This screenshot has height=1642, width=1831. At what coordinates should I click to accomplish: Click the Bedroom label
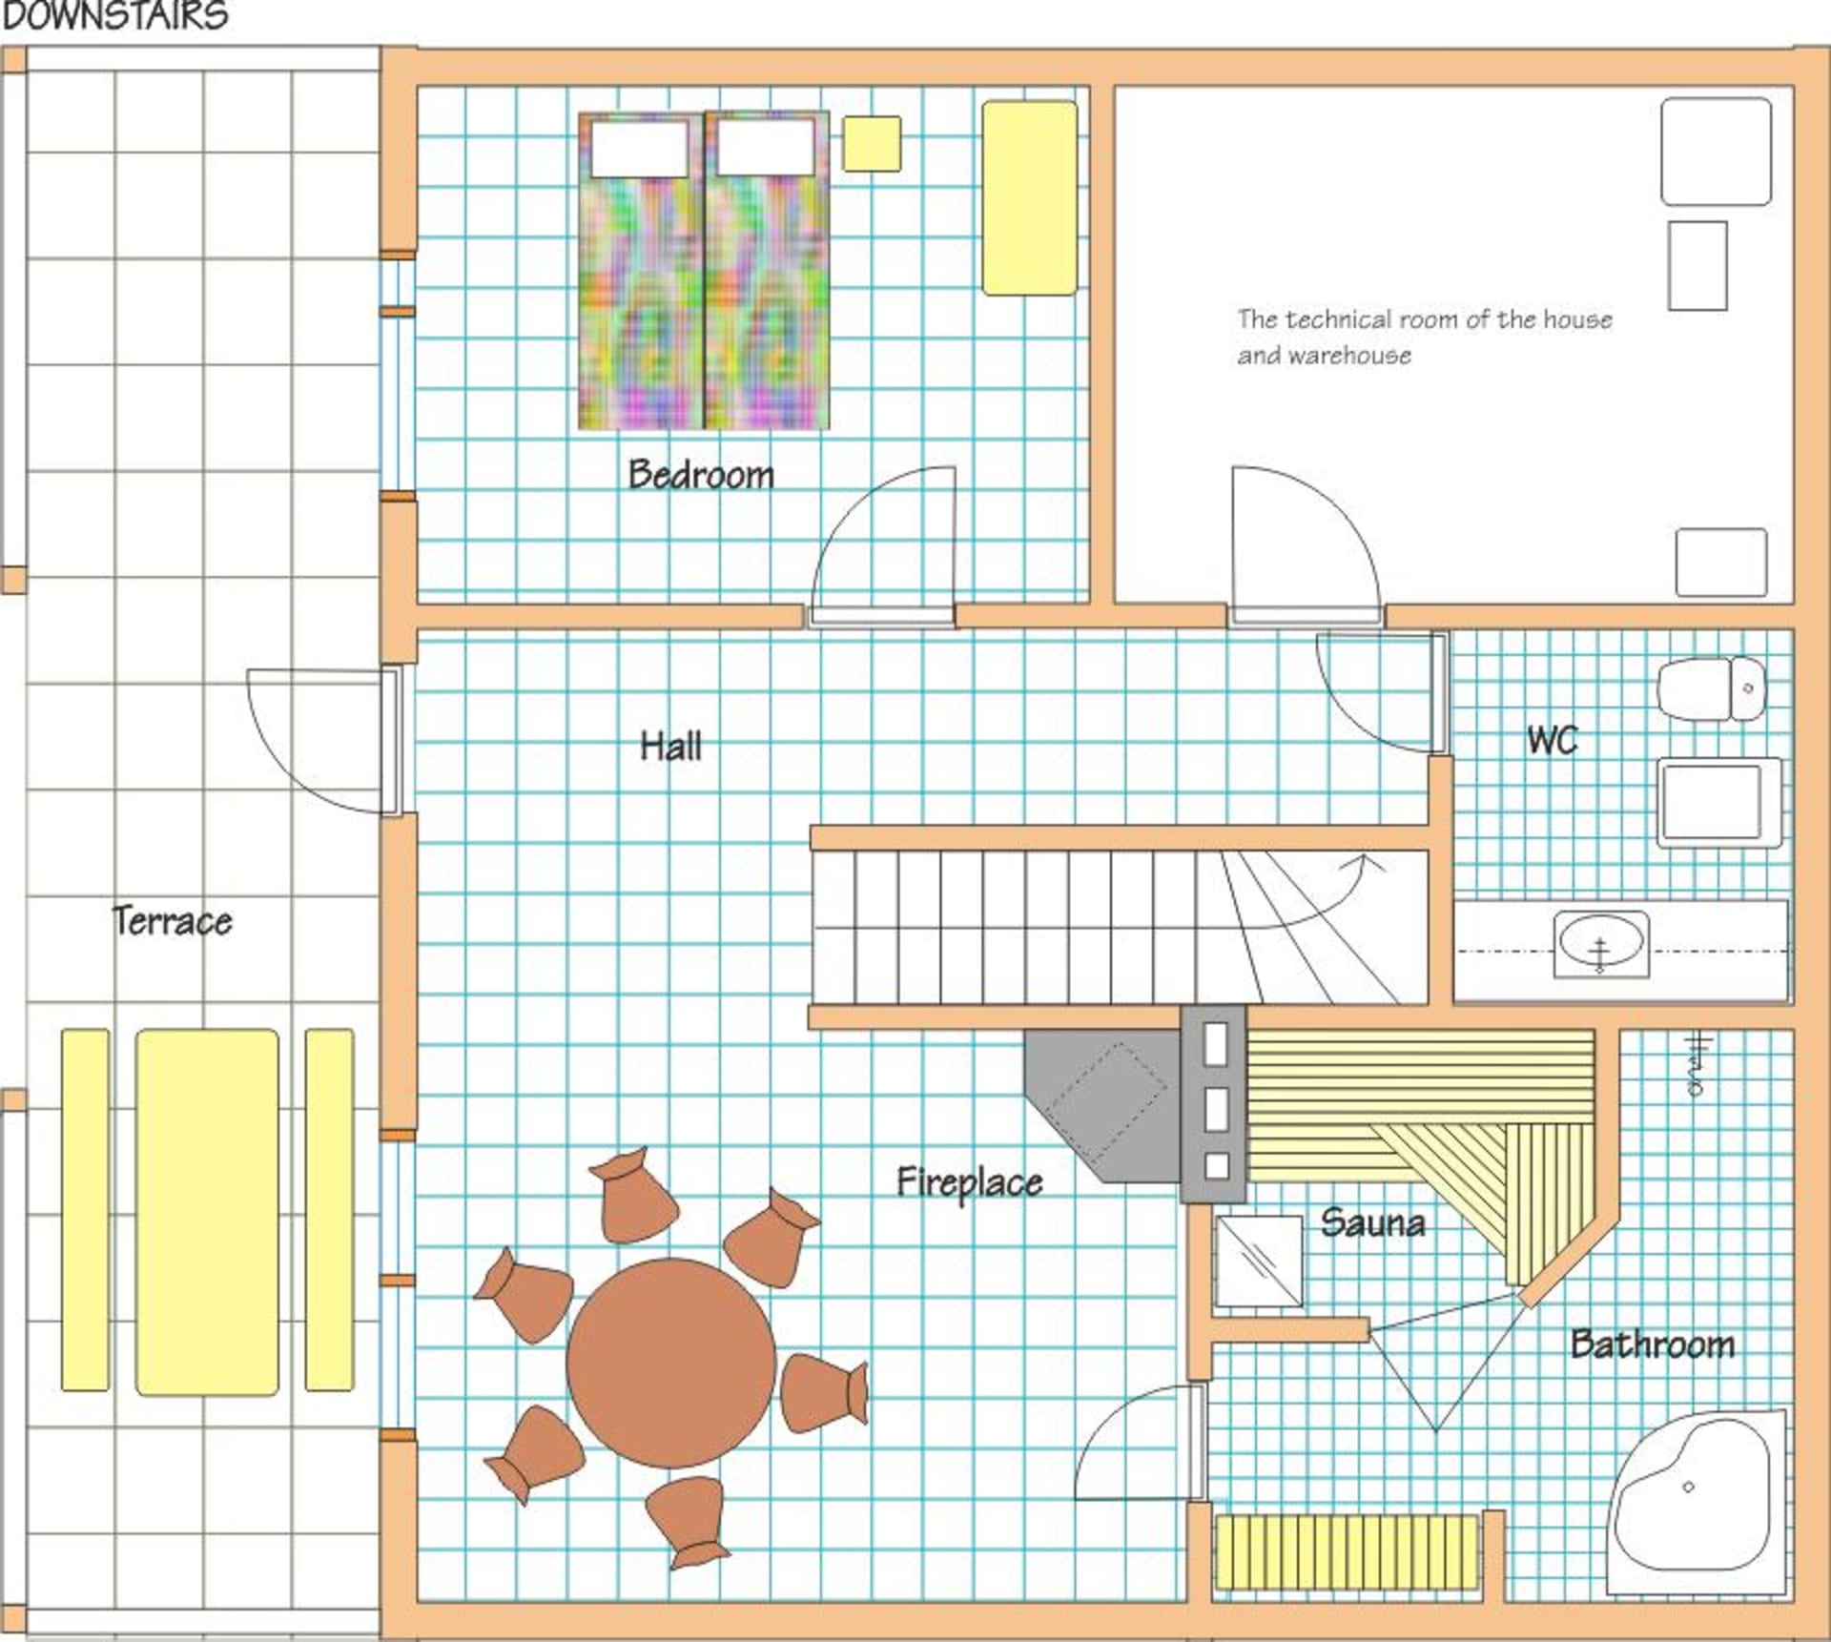click(x=701, y=475)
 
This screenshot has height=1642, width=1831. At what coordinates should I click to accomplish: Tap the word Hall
click(x=670, y=746)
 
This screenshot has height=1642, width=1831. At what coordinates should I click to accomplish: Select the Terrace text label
click(x=173, y=921)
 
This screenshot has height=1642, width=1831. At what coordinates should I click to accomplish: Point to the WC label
click(x=1552, y=740)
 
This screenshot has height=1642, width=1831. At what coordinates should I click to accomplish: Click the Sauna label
click(x=1373, y=1222)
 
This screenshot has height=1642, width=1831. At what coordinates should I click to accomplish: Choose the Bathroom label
click(x=1653, y=1344)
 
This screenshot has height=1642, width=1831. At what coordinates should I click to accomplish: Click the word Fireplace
click(x=970, y=1183)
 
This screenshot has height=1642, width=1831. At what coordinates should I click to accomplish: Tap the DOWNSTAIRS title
click(x=115, y=16)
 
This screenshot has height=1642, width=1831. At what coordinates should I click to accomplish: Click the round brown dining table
click(x=671, y=1363)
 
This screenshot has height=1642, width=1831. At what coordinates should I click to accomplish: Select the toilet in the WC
click(x=1712, y=688)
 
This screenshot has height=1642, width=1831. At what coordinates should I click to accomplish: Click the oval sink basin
click(x=1601, y=943)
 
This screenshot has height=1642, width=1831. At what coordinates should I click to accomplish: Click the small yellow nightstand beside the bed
click(x=872, y=144)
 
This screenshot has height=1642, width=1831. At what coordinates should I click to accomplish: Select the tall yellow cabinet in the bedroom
click(x=1030, y=198)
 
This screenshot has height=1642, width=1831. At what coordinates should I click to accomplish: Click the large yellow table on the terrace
click(x=208, y=1212)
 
